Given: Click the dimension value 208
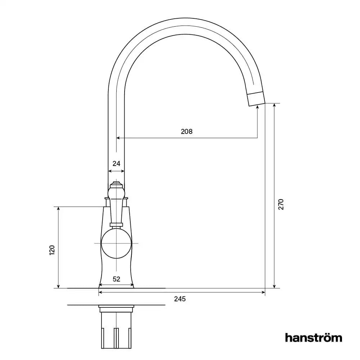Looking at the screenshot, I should coord(186,131).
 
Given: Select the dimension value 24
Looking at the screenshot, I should coord(116,163).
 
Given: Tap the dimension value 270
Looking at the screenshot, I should coord(281,204).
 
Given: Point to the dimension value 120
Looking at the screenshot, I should coord(52,250).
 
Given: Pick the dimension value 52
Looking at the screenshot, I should coord(116,279).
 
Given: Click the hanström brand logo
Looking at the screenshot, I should coord(313,338).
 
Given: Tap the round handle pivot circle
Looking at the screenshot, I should coord(116,244).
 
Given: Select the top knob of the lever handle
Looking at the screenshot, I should coord(116,184).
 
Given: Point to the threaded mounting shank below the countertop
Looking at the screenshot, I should coord(116,329).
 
